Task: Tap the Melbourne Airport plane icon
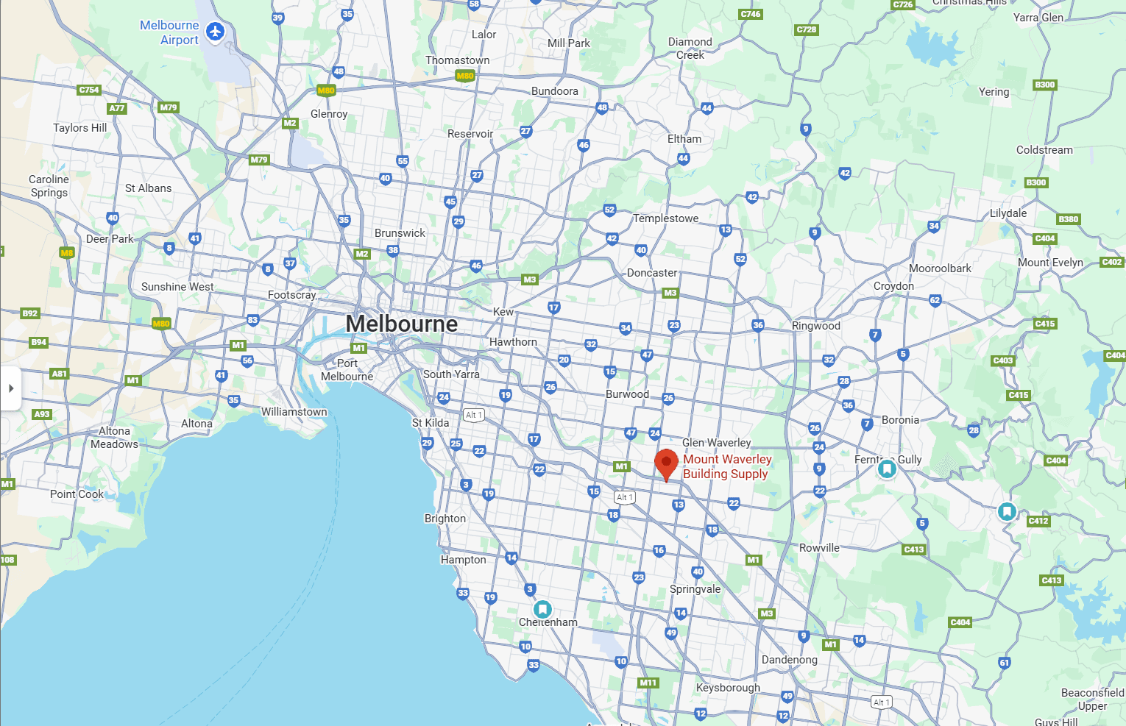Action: (x=215, y=32)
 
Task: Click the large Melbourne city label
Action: (x=402, y=324)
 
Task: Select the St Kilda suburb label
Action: (x=431, y=423)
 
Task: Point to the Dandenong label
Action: (x=789, y=660)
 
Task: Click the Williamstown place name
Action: (x=294, y=412)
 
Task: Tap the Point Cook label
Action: (x=77, y=494)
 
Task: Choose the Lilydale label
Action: (x=1008, y=213)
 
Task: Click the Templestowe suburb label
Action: (x=665, y=218)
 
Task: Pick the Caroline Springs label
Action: (x=49, y=186)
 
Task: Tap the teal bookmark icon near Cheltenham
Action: (x=542, y=609)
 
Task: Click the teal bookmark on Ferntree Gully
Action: (x=887, y=468)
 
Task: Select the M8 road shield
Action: (x=67, y=252)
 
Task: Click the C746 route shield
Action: (x=751, y=14)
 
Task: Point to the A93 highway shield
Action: (x=42, y=414)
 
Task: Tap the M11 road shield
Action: (x=648, y=683)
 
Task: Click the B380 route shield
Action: (x=1068, y=219)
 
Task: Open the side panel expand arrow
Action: (x=10, y=388)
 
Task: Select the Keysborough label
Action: (x=728, y=688)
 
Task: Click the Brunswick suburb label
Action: (x=400, y=233)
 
